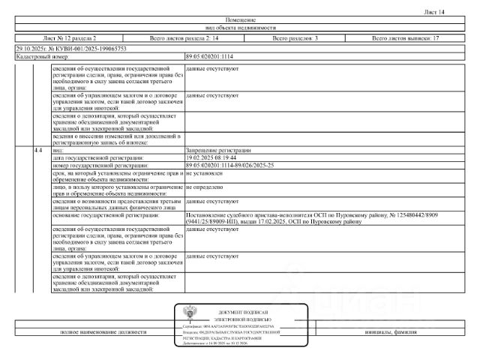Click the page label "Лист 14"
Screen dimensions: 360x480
[x=456, y=12]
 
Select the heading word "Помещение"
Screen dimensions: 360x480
[x=239, y=19]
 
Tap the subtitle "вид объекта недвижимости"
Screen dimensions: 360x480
[x=239, y=27]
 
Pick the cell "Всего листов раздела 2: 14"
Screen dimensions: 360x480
[x=184, y=37]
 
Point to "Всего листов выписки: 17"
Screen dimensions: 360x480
[x=405, y=37]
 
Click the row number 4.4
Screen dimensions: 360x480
[x=38, y=151]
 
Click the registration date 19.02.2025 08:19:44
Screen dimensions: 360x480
[x=213, y=158]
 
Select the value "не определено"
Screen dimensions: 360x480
[x=203, y=186]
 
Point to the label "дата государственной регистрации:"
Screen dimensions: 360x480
[x=97, y=158]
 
